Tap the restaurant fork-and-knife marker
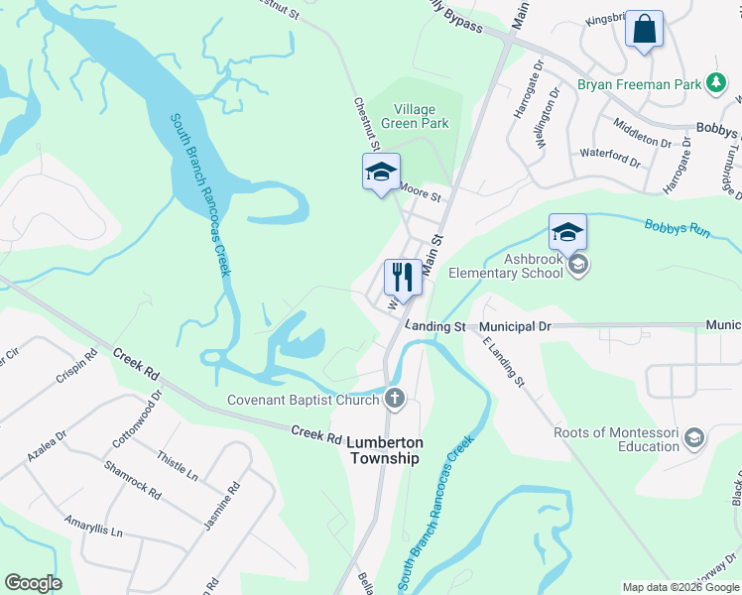pos(403,276)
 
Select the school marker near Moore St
pos(381,173)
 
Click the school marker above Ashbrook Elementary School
pos(567,232)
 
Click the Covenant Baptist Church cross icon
pos(395,400)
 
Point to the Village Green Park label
pos(421,116)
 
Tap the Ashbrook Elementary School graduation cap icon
pos(579,265)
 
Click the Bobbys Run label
pos(678,229)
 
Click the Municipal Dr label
pos(515,326)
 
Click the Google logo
pos(33,583)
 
